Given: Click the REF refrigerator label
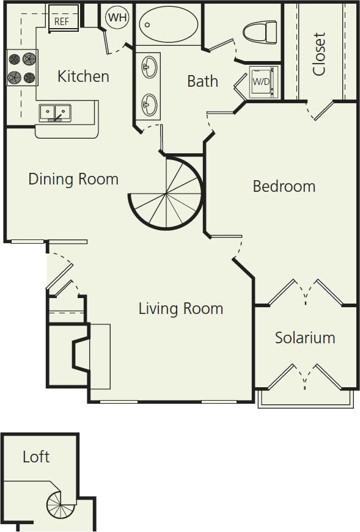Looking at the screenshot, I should [62, 20].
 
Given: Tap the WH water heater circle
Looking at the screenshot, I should [117, 17].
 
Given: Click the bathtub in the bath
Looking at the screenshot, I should [168, 24].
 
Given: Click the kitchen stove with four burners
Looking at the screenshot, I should [22, 68].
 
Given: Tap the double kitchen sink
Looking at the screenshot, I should [55, 112].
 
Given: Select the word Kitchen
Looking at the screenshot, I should [83, 76].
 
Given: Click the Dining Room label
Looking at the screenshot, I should [73, 179].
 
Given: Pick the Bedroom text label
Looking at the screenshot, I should [284, 186].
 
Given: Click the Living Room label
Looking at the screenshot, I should [180, 308].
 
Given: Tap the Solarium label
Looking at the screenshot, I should [304, 338].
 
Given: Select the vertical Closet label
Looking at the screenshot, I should [318, 54].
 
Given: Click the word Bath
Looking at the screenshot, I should [202, 81].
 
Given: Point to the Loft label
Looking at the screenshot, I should [36, 456].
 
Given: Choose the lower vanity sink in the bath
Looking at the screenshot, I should [149, 104].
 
